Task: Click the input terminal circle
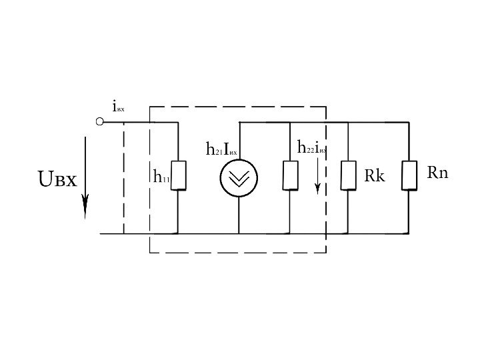click(99, 122)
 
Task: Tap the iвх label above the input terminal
click(118, 107)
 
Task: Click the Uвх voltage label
click(57, 179)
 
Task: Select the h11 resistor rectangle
click(178, 175)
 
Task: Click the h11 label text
click(160, 177)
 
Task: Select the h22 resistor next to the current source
click(290, 175)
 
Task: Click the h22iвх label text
click(311, 147)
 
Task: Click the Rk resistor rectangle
click(347, 175)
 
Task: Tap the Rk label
click(374, 176)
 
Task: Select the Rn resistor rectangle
click(409, 175)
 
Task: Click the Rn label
click(437, 173)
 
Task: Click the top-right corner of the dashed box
click(326, 105)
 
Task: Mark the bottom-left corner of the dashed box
click(149, 253)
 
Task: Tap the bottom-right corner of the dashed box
click(326, 253)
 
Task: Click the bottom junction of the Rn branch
click(409, 233)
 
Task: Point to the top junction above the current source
click(239, 123)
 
